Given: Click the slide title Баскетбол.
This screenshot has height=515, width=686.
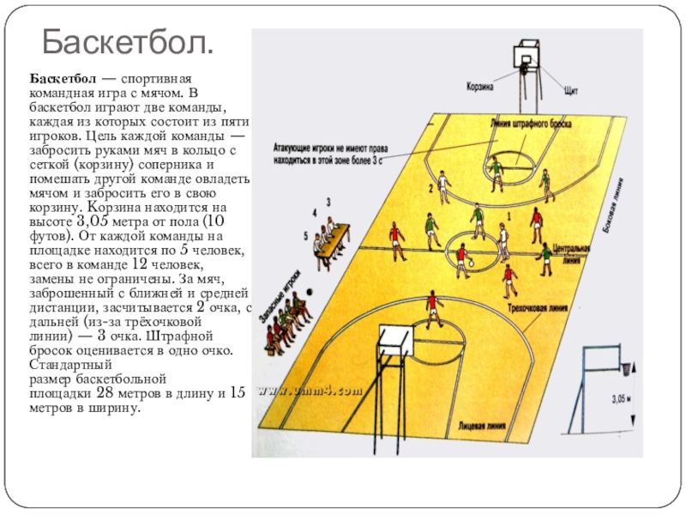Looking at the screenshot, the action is pyautogui.click(x=129, y=40).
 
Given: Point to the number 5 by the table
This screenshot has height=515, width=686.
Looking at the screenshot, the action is pyautogui.click(x=306, y=234).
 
